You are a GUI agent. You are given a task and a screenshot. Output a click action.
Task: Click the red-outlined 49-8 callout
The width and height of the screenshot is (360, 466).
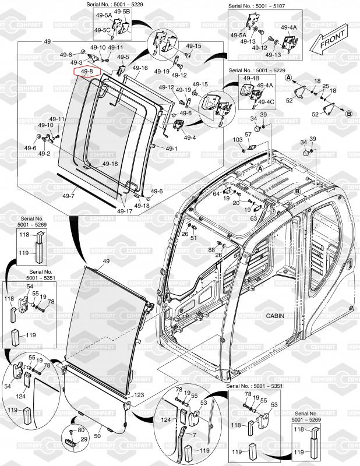(87, 72)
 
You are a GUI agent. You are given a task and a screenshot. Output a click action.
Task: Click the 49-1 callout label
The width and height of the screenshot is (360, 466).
(171, 149)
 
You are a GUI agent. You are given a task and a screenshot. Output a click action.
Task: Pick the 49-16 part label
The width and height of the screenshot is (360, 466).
(140, 68)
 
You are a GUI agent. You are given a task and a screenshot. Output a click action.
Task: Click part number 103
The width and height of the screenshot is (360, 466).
(238, 140)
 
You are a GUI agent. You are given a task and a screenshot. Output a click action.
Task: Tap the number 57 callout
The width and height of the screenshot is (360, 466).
(247, 135)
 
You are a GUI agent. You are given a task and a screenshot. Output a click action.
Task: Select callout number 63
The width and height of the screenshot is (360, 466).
(254, 218)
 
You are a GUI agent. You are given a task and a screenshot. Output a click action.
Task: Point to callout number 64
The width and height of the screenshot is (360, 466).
(216, 194)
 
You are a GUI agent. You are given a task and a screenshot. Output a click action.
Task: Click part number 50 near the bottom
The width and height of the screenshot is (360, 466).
(97, 435)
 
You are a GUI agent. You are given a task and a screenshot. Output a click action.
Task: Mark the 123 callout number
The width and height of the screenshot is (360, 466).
(139, 395)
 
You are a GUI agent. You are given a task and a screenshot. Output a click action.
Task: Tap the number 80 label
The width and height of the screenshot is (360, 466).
(73, 430)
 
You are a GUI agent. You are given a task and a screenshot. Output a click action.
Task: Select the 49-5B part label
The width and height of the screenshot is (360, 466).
(122, 12)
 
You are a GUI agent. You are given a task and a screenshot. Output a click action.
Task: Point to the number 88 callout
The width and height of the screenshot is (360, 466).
(211, 249)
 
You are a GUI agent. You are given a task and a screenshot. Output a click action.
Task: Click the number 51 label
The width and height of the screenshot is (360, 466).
(194, 238)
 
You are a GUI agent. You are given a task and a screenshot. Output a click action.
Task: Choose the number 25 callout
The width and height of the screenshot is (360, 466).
(325, 86)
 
